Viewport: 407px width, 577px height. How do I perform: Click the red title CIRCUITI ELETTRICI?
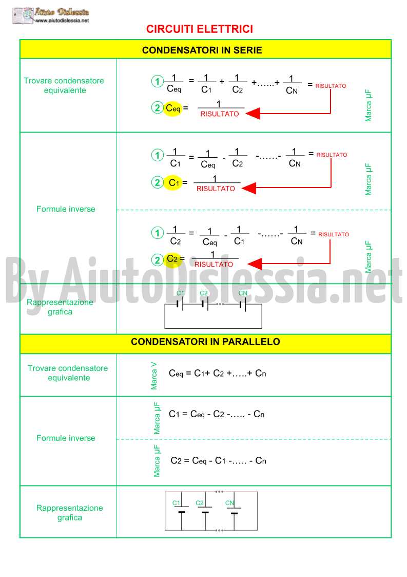point(199,29)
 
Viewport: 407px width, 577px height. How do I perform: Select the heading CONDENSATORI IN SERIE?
point(202,50)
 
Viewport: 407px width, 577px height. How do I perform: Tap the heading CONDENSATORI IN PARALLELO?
point(205,342)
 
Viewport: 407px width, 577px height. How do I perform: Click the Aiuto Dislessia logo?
point(51,15)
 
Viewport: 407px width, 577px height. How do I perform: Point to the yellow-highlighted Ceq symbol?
point(173,108)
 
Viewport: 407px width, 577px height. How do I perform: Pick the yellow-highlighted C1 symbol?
point(173,182)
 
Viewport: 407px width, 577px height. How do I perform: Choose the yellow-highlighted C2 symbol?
point(172,259)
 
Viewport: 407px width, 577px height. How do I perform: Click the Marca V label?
point(154,376)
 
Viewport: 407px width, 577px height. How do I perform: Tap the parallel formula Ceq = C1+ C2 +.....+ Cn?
point(217,374)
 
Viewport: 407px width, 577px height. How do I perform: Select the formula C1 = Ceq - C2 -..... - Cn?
point(217,414)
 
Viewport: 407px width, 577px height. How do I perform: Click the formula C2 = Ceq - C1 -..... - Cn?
point(219,461)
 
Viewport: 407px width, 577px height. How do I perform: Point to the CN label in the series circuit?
point(243,293)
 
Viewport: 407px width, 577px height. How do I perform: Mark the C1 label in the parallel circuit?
point(177,503)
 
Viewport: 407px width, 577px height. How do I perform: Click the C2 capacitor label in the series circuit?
point(204,293)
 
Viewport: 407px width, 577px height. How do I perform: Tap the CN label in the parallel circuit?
point(230,503)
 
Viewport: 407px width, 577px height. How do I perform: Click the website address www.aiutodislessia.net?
point(63,21)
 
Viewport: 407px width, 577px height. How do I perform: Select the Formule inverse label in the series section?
point(66,209)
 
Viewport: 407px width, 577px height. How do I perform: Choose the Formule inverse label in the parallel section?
point(66,438)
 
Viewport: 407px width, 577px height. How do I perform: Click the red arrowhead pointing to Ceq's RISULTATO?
point(253,114)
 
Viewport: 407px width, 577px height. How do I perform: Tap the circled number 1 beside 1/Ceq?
point(158,81)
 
